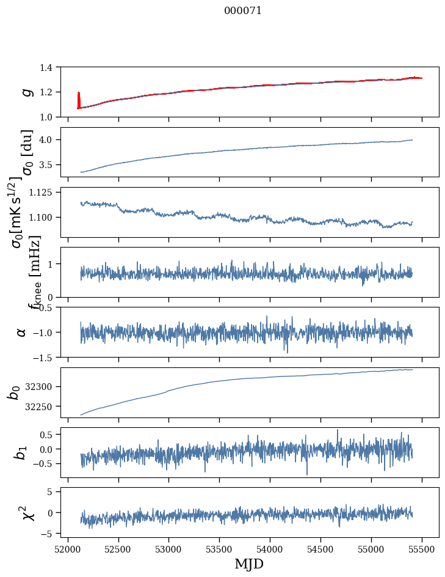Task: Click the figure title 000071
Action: coord(243,10)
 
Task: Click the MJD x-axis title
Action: coord(249,564)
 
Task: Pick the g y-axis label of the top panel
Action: coord(26,92)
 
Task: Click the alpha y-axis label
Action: coord(21,332)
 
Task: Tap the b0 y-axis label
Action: coord(14,392)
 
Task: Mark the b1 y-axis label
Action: coord(21,452)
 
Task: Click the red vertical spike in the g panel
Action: coord(79,100)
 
